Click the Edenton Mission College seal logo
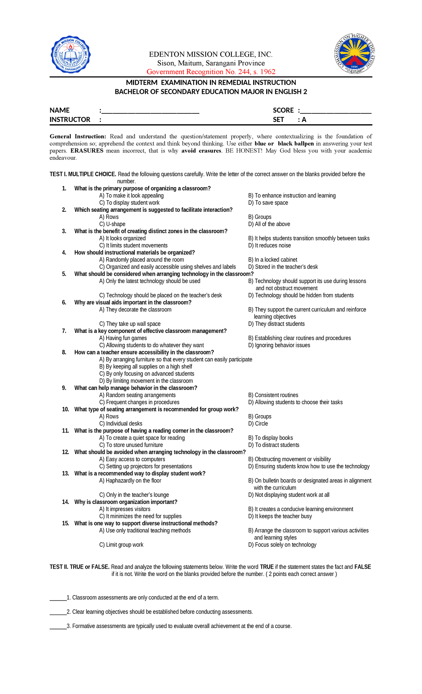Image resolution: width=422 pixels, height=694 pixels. (x=71, y=54)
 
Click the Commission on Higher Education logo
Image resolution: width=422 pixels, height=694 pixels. (x=354, y=54)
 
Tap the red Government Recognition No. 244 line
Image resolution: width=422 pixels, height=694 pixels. (x=211, y=72)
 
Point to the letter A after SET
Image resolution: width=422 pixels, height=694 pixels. (x=304, y=120)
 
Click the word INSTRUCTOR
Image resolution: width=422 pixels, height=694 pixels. (x=70, y=120)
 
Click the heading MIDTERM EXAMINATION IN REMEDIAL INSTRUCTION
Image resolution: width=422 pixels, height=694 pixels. (x=211, y=83)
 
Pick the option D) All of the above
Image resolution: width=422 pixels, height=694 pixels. (x=269, y=224)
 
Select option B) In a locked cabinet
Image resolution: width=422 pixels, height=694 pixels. (x=273, y=260)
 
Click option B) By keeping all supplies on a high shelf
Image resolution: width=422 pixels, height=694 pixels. (x=146, y=366)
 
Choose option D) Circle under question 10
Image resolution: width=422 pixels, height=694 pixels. (x=258, y=424)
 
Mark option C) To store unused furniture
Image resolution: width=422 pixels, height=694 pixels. (x=131, y=445)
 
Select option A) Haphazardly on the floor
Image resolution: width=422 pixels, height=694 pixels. (x=130, y=480)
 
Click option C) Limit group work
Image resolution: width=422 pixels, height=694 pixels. (x=121, y=545)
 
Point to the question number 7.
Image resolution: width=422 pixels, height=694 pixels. (x=64, y=331)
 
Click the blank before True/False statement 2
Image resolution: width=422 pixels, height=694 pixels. (x=58, y=612)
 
